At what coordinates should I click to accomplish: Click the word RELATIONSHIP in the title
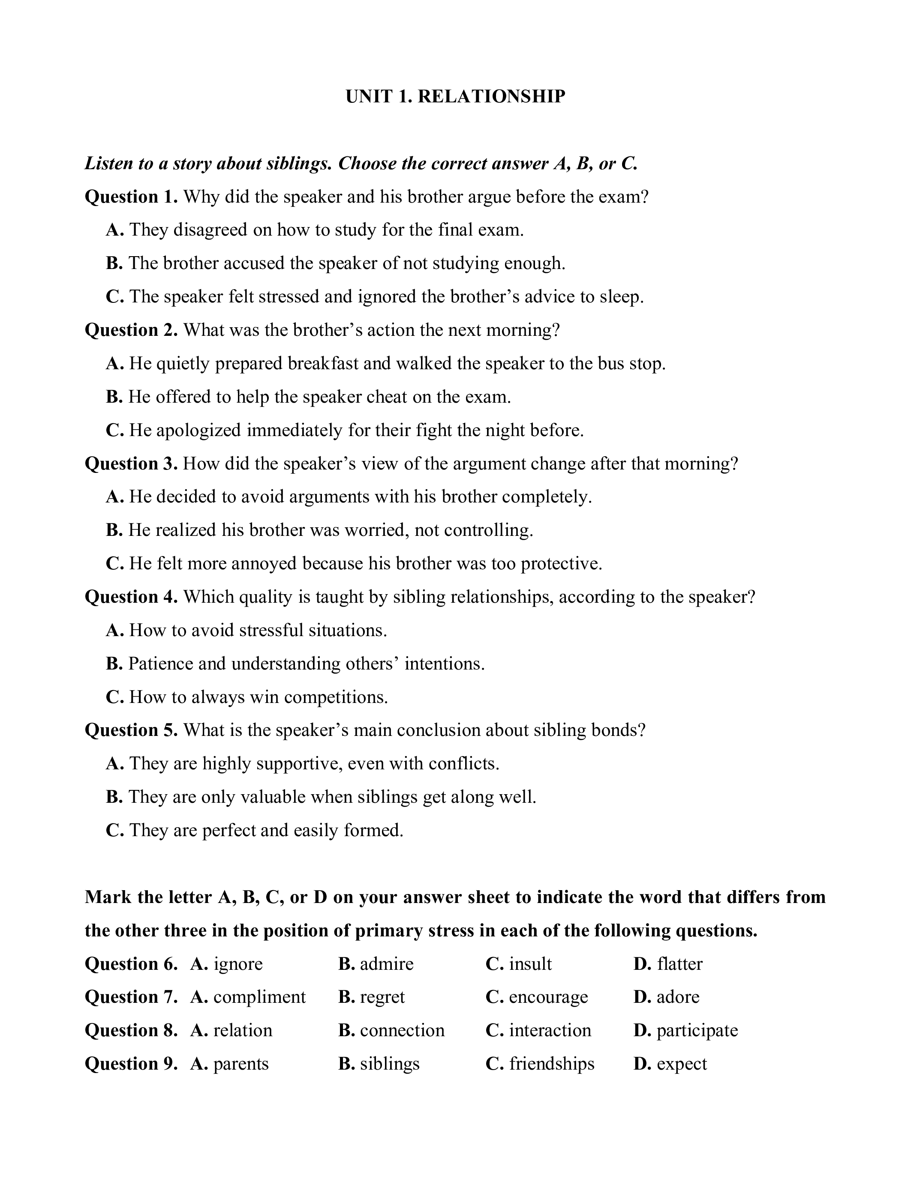pos(491,96)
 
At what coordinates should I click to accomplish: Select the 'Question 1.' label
pos(131,197)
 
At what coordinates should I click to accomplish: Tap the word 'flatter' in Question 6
pos(679,964)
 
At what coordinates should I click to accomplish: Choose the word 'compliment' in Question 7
pos(259,997)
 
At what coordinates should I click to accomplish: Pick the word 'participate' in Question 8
pos(697,1030)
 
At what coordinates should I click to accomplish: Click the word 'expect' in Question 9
pos(682,1064)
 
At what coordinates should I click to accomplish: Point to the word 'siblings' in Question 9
pos(389,1064)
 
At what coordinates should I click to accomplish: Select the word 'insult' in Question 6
pos(530,964)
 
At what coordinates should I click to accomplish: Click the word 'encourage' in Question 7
pos(548,997)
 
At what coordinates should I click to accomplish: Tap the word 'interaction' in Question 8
pos(550,1030)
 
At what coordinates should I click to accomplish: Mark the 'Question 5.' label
pos(131,730)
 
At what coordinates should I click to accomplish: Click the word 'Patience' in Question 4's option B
pos(161,664)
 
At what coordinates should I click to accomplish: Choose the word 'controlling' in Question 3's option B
pos(488,530)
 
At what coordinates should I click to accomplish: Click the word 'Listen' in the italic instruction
pos(110,164)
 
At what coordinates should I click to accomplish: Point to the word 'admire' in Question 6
pos(386,964)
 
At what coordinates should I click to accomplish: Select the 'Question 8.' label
pos(131,1030)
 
